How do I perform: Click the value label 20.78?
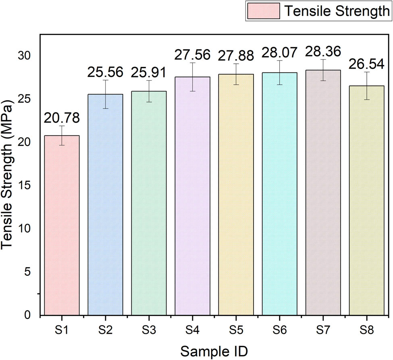click(x=62, y=118)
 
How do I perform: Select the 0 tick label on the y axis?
click(x=28, y=315)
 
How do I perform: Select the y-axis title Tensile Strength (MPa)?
click(x=9, y=176)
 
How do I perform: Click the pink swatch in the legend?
click(x=262, y=11)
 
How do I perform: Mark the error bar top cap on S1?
click(x=62, y=126)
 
